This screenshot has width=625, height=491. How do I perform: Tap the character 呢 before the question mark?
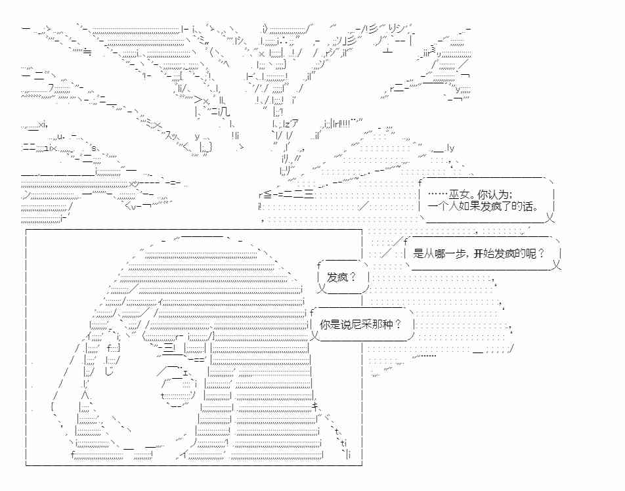pos(531,253)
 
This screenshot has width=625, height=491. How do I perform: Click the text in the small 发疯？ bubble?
pos(341,278)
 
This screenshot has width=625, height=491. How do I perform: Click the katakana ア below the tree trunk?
pos(294,124)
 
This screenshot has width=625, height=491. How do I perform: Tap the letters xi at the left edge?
pos(43,125)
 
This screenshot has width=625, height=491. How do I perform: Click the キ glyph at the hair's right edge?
pos(315,406)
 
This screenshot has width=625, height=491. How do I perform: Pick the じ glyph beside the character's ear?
pos(109,372)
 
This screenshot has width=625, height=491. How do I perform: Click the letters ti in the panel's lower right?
pos(343,443)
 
